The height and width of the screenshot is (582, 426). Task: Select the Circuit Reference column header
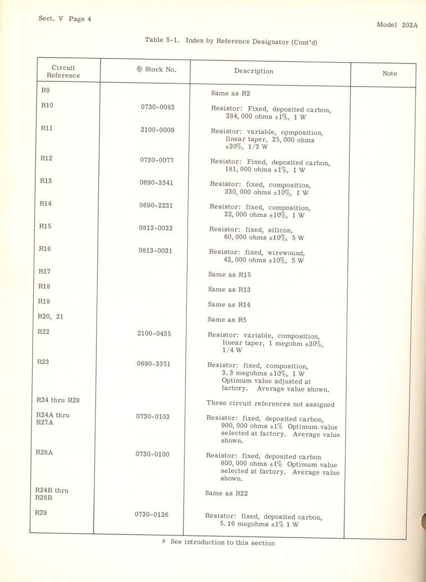pos(63,71)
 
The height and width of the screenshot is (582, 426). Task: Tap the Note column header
pos(389,74)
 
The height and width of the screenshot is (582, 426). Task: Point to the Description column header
pos(253,71)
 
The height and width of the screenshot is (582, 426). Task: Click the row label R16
pos(45,248)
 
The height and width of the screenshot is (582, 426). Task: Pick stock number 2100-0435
pos(154,334)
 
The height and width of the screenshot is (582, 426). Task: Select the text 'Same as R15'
pos(229,275)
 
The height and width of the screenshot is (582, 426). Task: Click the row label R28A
pos(44,453)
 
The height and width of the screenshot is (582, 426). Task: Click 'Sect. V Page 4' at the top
pos(65,19)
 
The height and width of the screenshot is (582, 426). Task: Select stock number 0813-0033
pos(156,228)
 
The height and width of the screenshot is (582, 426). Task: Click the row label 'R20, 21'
pos(50,317)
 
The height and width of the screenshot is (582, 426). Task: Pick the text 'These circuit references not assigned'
pos(270,403)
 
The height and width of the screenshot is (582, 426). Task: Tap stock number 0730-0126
pos(151,514)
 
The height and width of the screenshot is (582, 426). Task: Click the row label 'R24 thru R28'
pos(58,401)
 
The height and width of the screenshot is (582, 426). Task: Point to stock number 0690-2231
pos(156,206)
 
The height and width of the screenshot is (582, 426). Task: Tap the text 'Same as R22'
pos(226,493)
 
